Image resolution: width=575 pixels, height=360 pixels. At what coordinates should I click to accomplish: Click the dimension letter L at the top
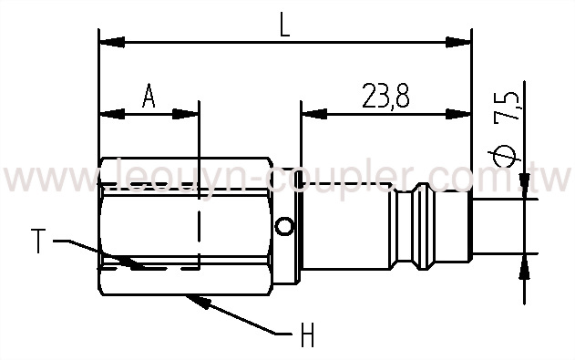(x=284, y=26)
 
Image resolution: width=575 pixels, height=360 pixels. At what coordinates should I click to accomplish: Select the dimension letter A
(x=149, y=97)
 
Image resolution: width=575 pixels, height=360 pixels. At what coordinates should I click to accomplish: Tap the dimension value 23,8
(x=384, y=97)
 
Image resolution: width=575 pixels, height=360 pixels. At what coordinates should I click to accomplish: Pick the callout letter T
(x=38, y=242)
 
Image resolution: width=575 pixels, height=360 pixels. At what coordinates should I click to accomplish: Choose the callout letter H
(x=307, y=336)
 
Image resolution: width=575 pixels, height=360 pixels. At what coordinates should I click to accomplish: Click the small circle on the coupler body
(x=286, y=226)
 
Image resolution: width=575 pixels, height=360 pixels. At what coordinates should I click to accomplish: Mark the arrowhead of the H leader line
(x=191, y=296)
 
